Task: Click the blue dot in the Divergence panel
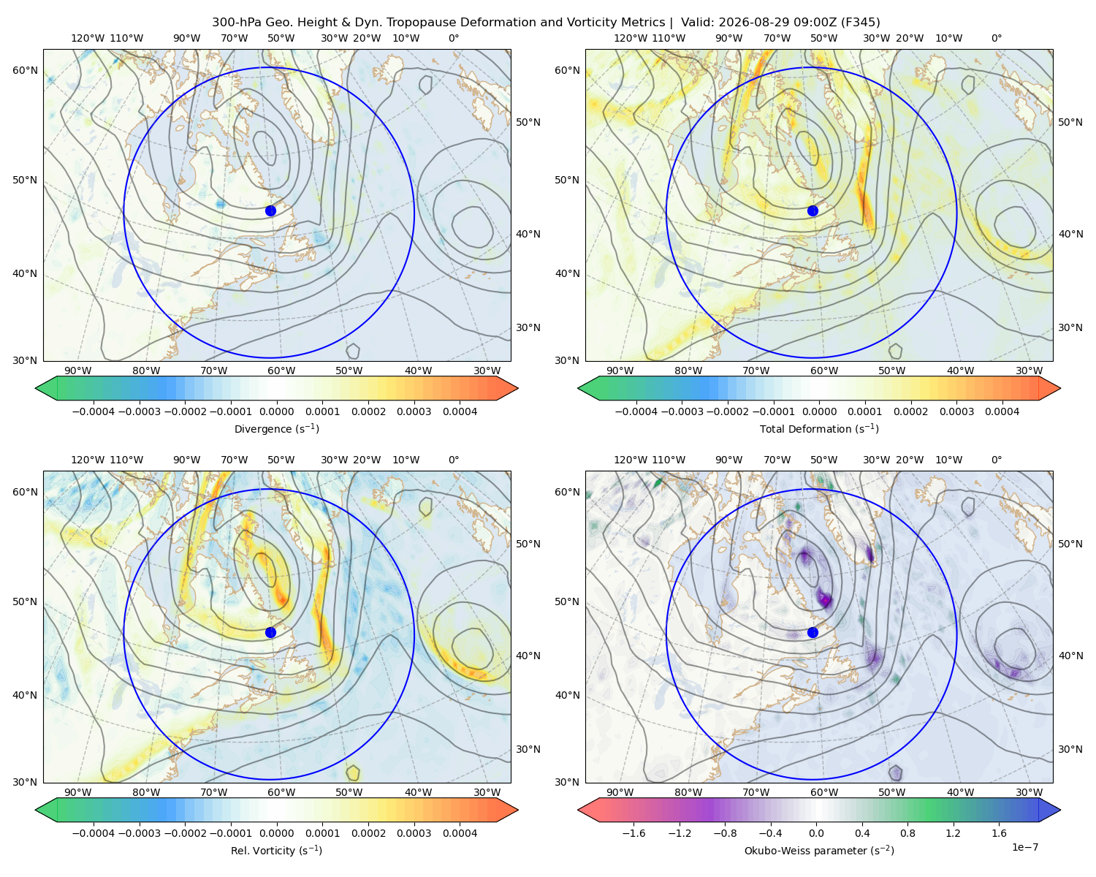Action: point(270,210)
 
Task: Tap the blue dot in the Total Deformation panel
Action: point(813,210)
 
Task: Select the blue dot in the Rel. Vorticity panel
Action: point(270,632)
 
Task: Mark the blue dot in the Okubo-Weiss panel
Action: point(813,632)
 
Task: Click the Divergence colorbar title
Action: point(276,428)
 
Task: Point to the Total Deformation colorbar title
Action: point(819,428)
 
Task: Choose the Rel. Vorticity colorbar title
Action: point(276,850)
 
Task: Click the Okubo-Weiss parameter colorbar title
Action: point(819,850)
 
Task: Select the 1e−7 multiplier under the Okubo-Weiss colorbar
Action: point(1024,847)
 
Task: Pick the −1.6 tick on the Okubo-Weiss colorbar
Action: point(634,832)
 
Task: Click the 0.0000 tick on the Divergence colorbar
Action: point(276,411)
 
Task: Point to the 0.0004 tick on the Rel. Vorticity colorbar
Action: point(460,832)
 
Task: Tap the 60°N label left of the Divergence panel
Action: point(25,70)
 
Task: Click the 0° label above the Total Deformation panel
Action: point(996,38)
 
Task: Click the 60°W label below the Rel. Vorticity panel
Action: point(281,792)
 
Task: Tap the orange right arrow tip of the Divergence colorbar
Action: point(517,388)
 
